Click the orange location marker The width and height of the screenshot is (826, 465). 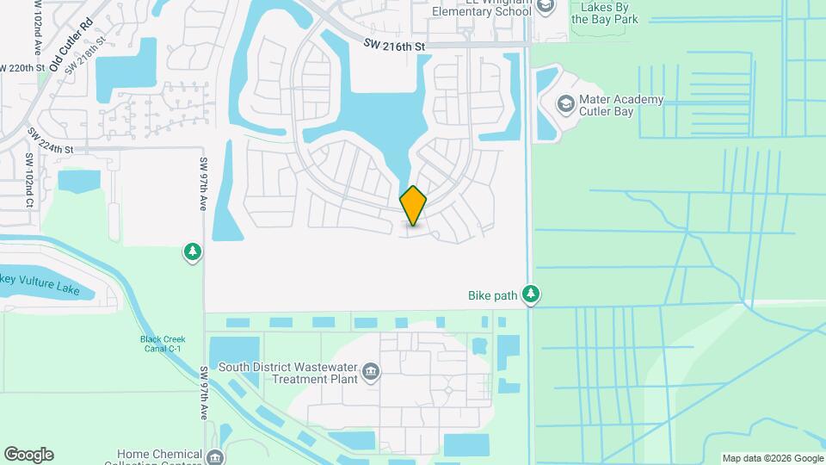(x=413, y=206)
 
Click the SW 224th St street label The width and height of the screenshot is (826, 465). (x=51, y=143)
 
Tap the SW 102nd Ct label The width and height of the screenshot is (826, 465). (x=29, y=181)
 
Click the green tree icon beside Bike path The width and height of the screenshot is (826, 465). (x=532, y=295)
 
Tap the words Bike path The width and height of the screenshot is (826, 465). (x=493, y=295)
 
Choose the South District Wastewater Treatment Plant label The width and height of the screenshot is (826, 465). (x=287, y=373)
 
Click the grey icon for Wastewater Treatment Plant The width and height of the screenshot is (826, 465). (x=371, y=372)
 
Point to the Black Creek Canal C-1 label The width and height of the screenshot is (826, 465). (x=163, y=344)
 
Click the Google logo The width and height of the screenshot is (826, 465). (x=28, y=455)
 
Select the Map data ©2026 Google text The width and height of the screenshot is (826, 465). (x=772, y=458)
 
